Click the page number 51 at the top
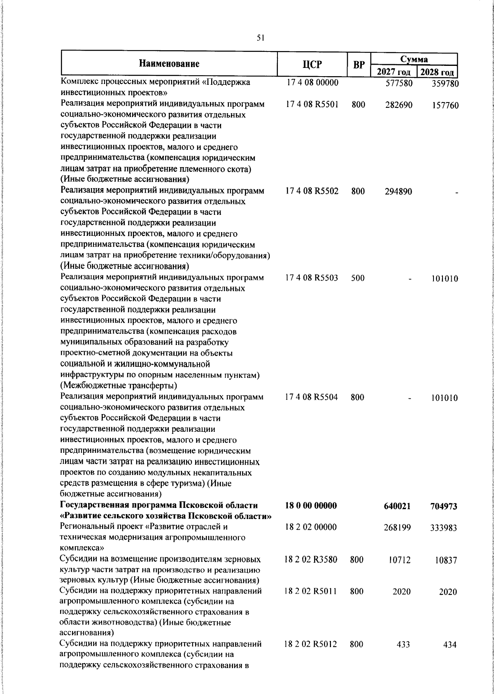(x=260, y=38)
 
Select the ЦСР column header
(x=312, y=65)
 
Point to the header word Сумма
(x=415, y=59)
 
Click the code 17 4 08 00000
(x=312, y=83)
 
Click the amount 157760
(x=445, y=106)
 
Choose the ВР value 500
(x=358, y=278)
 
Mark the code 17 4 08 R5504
(x=312, y=397)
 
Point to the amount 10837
(x=446, y=561)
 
